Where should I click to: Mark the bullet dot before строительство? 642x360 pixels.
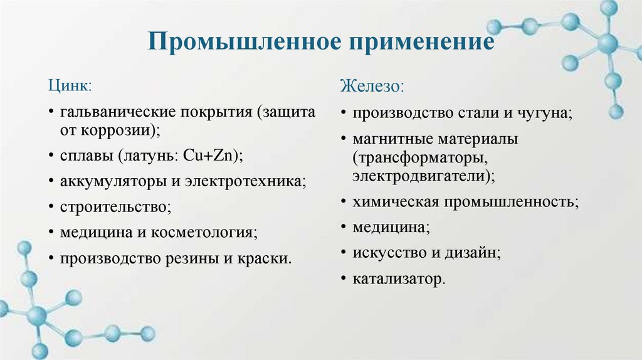click(50, 206)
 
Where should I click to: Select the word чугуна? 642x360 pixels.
click(544, 113)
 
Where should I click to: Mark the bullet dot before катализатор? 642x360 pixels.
click(343, 278)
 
